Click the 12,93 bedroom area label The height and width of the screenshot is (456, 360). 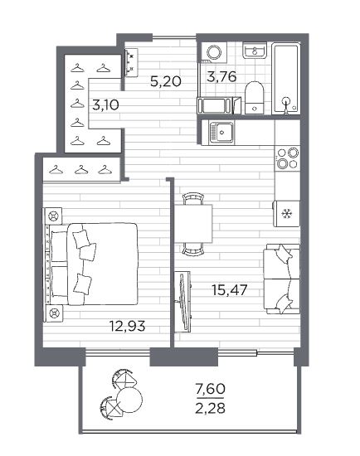tap(127, 327)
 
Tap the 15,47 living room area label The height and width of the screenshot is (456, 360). tap(230, 290)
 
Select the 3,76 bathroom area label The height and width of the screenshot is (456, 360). tap(221, 77)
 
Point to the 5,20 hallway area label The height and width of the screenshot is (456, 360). tap(166, 81)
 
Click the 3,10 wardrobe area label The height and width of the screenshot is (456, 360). tap(105, 104)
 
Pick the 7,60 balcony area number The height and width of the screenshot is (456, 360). tap(211, 389)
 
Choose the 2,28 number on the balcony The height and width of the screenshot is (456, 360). tap(211, 408)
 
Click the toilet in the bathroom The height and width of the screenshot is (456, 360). tap(255, 98)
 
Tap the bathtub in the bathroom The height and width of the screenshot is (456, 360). tap(286, 79)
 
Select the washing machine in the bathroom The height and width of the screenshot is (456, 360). tap(215, 52)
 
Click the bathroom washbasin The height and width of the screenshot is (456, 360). tap(255, 51)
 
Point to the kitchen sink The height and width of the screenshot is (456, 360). tap(221, 133)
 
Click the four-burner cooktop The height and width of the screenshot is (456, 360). tap(287, 158)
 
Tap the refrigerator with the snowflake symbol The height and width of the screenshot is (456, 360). tap(286, 214)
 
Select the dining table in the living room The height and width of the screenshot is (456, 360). tap(193, 224)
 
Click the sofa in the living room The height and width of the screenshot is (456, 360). tap(281, 279)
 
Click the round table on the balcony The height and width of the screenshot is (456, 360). tap(130, 400)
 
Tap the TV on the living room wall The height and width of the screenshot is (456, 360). tap(183, 301)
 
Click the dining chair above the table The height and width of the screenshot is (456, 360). tap(193, 198)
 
